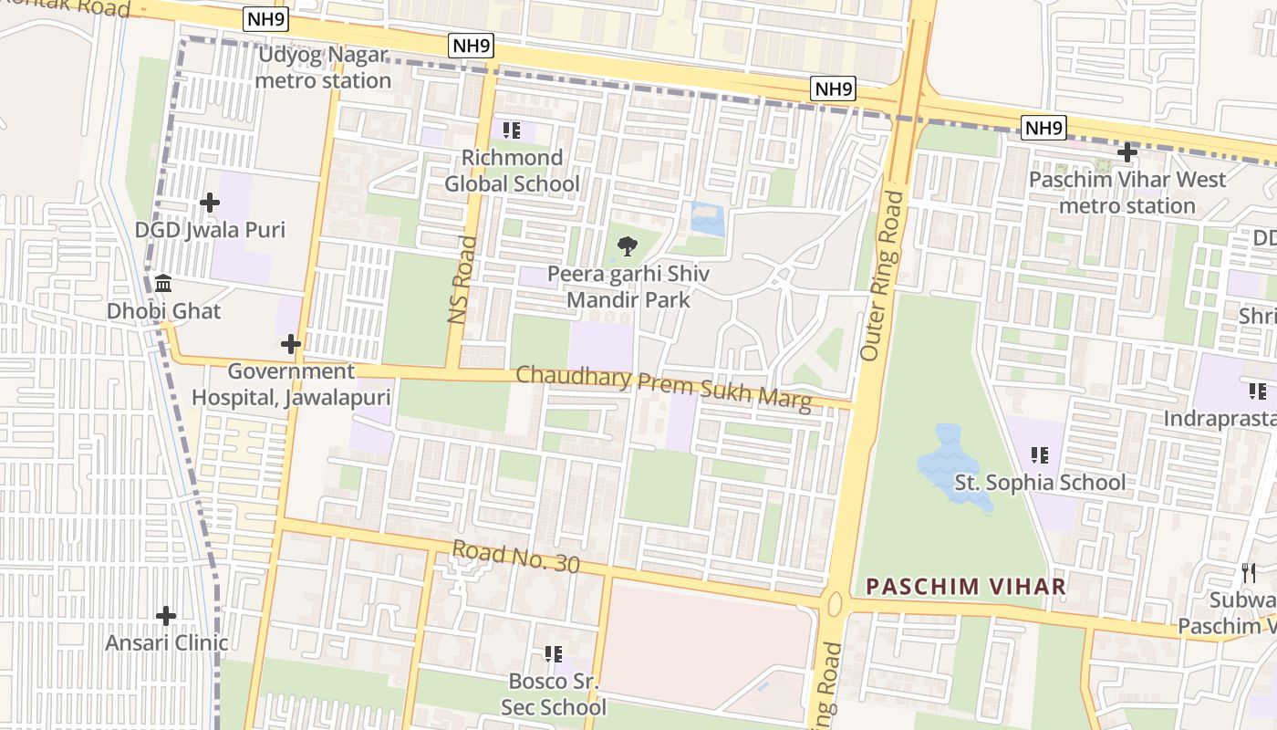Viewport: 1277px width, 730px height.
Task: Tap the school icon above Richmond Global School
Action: (512, 130)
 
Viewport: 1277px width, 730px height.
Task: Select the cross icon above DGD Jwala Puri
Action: (210, 202)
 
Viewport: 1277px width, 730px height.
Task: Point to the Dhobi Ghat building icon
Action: (163, 284)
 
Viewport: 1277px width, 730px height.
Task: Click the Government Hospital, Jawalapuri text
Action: (290, 384)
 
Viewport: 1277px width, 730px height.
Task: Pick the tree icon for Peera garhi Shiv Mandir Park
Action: (627, 245)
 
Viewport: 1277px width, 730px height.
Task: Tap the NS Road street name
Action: (462, 279)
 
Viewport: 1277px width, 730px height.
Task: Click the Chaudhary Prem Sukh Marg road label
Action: (663, 388)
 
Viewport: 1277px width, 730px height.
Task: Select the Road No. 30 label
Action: (515, 557)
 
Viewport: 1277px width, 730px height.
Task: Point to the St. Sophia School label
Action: (1040, 482)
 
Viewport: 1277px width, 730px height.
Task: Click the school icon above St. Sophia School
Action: (1038, 454)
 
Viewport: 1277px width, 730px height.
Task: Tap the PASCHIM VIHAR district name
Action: (966, 586)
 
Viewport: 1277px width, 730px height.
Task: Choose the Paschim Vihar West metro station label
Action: (1127, 193)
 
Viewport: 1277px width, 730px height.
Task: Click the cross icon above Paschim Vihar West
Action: (1127, 152)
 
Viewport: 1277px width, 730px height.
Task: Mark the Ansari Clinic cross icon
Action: (165, 616)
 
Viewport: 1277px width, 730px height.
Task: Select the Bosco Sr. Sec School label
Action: (553, 693)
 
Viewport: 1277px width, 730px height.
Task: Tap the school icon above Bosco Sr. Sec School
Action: (552, 654)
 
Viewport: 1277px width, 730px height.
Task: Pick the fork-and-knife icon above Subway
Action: (1250, 573)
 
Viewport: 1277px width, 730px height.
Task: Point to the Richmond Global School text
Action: (512, 171)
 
